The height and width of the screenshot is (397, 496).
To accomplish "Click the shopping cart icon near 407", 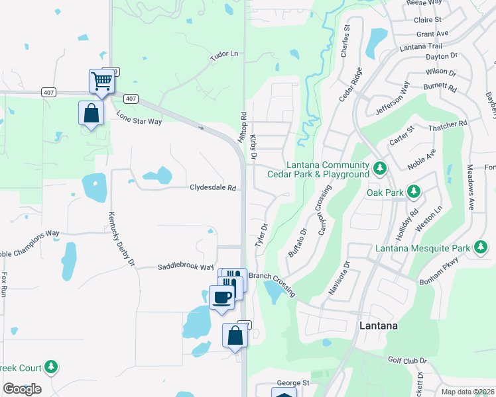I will click(102, 81).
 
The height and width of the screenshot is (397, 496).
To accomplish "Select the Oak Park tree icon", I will click(414, 192).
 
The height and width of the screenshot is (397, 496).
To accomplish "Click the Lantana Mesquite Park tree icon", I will click(481, 248).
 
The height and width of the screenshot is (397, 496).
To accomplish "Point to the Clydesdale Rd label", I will click(214, 188).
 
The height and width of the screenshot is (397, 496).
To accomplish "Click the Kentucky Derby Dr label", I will click(121, 240).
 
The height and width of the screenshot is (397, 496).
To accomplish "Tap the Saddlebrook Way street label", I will click(185, 267).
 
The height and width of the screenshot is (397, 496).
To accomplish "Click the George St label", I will click(293, 382).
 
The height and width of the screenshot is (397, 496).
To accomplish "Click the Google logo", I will click(22, 389).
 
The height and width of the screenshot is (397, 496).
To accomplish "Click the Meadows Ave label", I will click(470, 187).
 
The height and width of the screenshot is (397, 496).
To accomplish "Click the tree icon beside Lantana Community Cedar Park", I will click(380, 169).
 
